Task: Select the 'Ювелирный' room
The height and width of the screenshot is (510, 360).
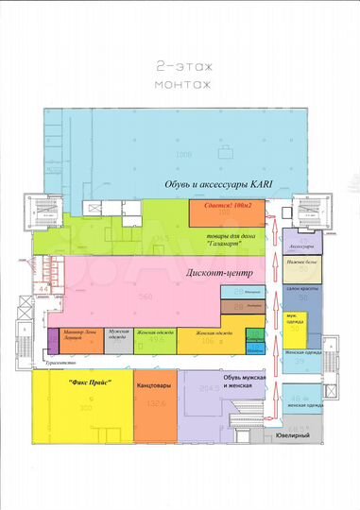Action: coord(293,435)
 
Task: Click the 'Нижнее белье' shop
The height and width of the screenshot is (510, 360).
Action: coord(301,264)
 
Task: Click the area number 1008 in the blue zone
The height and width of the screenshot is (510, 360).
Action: coord(183,152)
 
